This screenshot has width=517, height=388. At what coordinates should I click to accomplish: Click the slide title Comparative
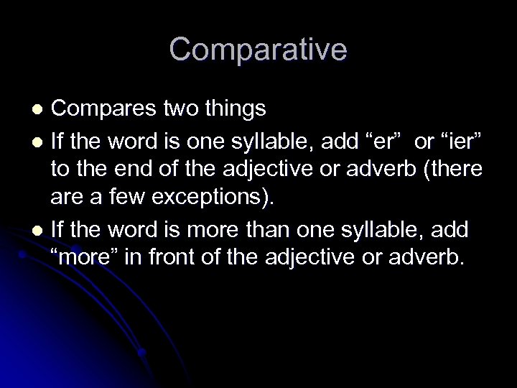258,50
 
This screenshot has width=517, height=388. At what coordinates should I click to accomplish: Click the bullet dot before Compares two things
40,108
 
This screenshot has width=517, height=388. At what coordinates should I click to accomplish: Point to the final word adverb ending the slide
427,257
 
